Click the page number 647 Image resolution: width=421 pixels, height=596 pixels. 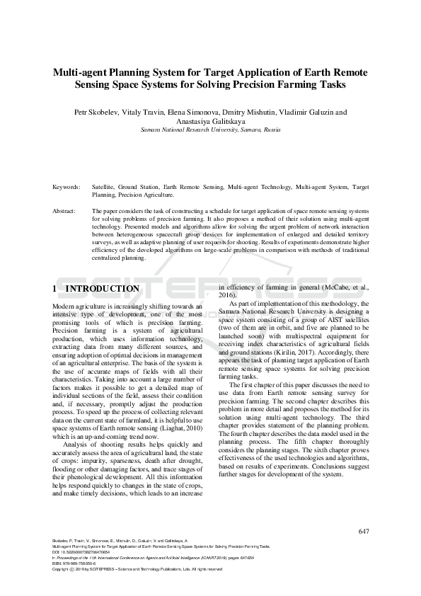point(364,532)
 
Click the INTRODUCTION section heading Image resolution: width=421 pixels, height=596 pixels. point(102,289)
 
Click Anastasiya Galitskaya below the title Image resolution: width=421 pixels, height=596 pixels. point(210,121)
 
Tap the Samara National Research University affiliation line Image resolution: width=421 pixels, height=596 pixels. point(210,130)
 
